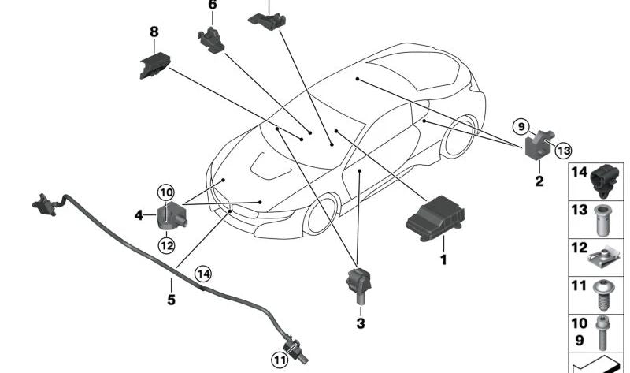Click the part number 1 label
[443, 259]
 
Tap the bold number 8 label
[154, 32]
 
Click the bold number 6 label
[212, 5]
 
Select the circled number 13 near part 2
[562, 150]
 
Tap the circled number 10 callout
[165, 192]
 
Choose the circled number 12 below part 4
[166, 245]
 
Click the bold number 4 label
[139, 214]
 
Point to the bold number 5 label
[171, 300]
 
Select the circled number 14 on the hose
[203, 274]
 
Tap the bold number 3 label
[361, 323]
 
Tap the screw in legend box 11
[602, 293]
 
